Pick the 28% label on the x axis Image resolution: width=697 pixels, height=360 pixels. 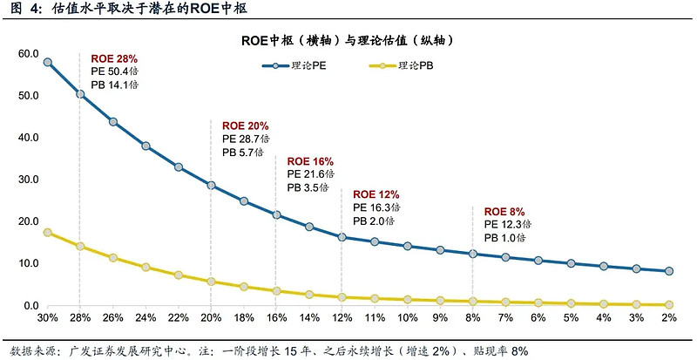tap(80, 317)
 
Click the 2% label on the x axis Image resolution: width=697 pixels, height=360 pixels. tap(669, 317)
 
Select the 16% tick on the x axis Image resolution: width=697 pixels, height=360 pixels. tap(276, 317)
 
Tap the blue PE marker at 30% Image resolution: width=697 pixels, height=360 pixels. tap(47, 63)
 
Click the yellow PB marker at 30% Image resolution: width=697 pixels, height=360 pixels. tap(47, 233)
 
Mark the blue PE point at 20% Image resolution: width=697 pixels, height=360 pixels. tap(211, 186)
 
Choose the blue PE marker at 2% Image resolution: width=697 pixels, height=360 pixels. tap(669, 271)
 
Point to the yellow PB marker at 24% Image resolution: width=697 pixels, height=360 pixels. tap(145, 268)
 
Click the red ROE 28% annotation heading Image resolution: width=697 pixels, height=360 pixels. tap(114, 59)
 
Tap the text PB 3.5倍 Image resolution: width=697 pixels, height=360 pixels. tap(309, 187)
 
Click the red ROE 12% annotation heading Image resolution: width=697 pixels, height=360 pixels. tap(376, 194)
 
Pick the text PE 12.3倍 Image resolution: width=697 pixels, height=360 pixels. tap(504, 225)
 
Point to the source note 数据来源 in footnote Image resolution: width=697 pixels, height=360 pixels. tap(30, 350)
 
